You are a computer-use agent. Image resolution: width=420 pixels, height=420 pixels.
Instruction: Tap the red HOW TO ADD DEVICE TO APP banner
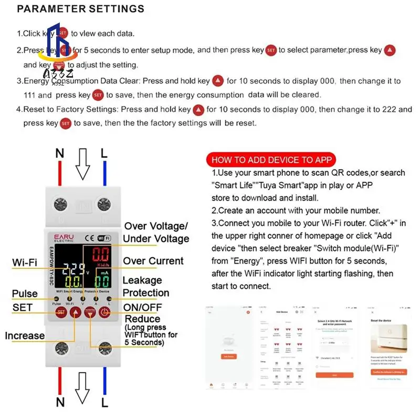pos(271,160)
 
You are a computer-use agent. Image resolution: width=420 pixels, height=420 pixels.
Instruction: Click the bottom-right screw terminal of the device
pos(105,348)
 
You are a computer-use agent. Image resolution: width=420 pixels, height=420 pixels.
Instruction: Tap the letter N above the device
pos(60,153)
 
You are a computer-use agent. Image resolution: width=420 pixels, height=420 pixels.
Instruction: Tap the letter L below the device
pos(104,403)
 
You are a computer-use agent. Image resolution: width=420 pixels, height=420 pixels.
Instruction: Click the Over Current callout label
pos(153,261)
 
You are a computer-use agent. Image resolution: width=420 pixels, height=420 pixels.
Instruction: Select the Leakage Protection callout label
pos(145,287)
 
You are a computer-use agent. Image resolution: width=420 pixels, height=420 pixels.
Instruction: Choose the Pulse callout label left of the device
pos(25,293)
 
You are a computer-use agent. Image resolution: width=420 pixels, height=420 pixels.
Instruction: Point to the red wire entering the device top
pos(60,173)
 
